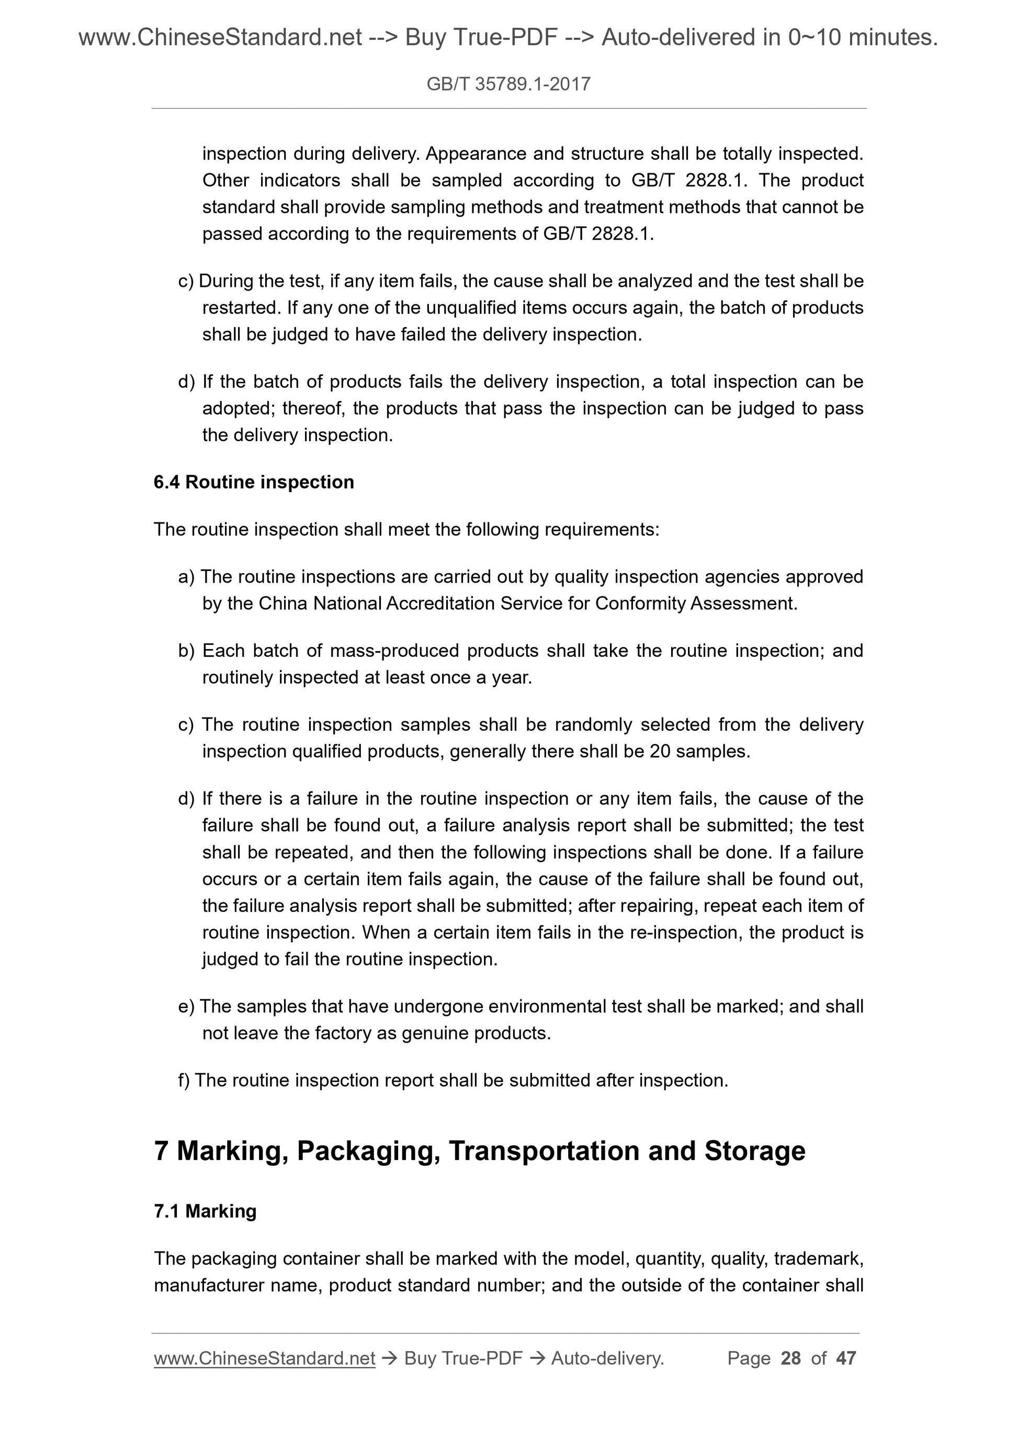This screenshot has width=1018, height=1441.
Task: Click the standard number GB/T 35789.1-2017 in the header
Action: tap(508, 84)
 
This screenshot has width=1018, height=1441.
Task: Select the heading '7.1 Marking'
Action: tap(205, 1211)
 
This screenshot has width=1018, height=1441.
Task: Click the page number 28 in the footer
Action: tap(790, 1358)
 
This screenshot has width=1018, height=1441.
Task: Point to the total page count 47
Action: tap(846, 1358)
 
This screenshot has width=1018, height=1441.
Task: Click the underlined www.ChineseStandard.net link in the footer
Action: tap(264, 1358)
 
